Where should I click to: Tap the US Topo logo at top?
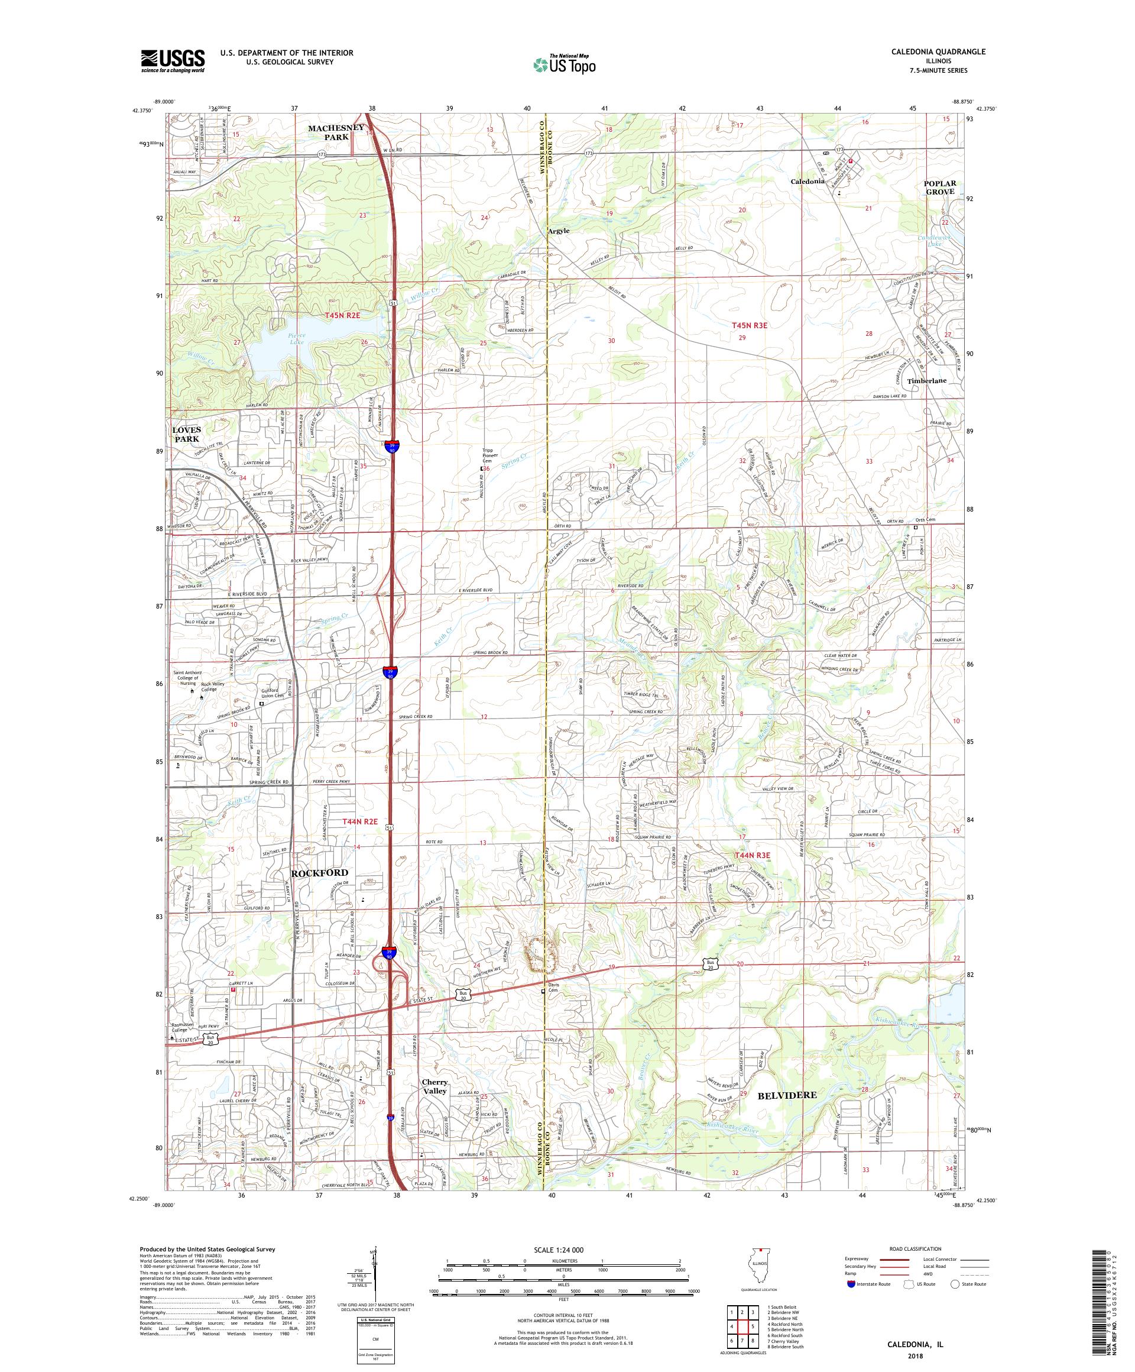click(x=566, y=63)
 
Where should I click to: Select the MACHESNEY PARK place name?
click(x=336, y=132)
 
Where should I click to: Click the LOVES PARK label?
click(x=187, y=434)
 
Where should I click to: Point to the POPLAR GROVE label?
click(x=939, y=187)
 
